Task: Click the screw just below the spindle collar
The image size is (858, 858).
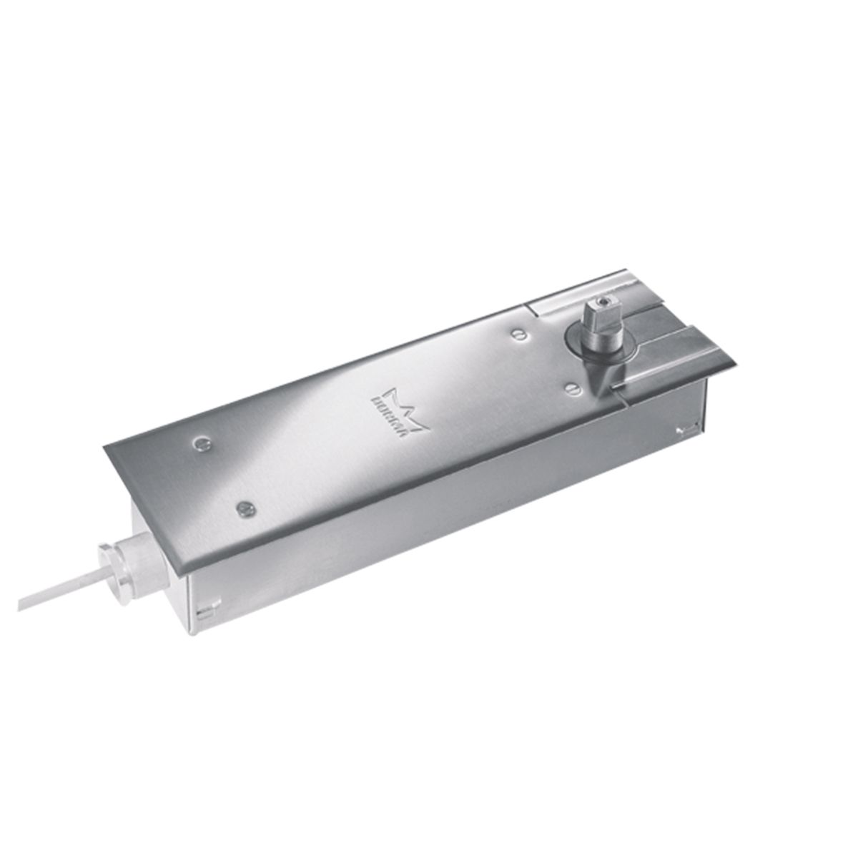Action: coord(571,386)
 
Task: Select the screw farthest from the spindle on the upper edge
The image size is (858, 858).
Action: coord(200,443)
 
